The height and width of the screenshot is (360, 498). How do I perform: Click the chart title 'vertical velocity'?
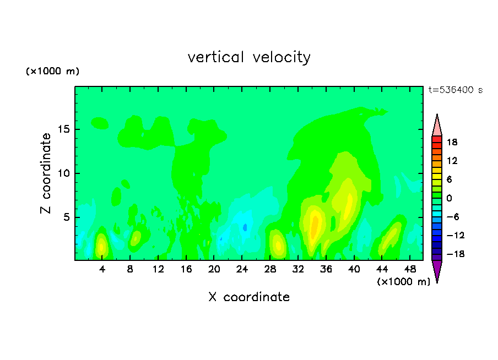coord(249,58)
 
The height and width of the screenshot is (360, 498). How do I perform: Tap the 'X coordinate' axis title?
coord(249,297)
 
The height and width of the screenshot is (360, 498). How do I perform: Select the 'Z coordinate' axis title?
coord(46,173)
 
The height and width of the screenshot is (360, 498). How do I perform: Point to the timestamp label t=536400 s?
coord(456,90)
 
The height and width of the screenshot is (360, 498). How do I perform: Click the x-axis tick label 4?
coord(102,270)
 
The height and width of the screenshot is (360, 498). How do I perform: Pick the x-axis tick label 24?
coord(242,270)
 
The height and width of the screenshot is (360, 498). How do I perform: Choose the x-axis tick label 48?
coord(410,270)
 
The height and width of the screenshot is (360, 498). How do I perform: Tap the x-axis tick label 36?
coord(326,270)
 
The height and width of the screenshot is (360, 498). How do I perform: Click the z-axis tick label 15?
coord(63,129)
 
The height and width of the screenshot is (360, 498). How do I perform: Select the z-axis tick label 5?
coord(67,217)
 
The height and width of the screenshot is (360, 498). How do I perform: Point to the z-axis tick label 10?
coord(63,173)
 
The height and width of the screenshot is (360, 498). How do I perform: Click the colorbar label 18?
coord(452,142)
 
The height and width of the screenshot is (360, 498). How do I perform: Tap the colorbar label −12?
coord(456,235)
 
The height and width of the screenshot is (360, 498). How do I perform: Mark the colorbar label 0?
coord(449,198)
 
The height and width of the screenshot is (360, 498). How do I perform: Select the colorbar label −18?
coord(456,254)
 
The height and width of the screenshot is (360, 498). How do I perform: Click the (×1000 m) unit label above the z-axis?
coord(52,71)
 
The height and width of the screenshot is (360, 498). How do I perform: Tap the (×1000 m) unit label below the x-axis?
coord(403,282)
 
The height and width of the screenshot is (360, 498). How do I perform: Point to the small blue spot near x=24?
coord(245,227)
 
